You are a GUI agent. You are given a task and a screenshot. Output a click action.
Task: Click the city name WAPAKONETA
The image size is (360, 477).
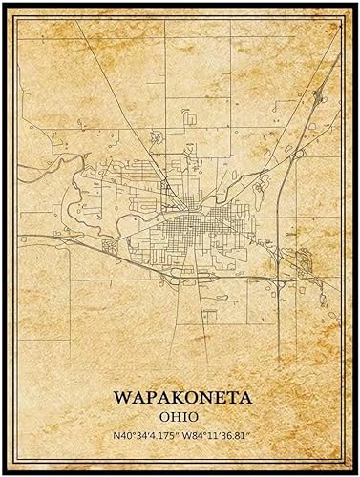coord(180,395)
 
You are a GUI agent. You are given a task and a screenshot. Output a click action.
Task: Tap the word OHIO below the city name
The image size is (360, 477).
coord(180,416)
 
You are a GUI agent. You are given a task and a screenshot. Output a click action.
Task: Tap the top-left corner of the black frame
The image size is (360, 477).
coord(4,4)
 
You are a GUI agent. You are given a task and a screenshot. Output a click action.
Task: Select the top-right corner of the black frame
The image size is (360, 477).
coord(356,4)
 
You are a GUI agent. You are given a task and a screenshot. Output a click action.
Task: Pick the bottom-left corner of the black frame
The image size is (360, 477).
coord(4,473)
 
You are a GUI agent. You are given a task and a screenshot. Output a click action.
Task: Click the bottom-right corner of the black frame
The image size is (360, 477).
coord(356,473)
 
